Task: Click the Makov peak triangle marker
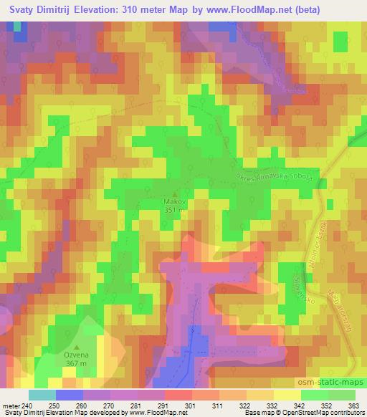[x=175, y=193]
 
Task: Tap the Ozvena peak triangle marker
[x=77, y=347]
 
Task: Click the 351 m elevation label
[x=175, y=211]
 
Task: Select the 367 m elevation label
[x=77, y=364]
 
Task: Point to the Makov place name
[x=175, y=202]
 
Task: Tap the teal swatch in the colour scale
[x=42, y=395]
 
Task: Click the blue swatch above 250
[x=69, y=395]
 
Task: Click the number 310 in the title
[x=151, y=9]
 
